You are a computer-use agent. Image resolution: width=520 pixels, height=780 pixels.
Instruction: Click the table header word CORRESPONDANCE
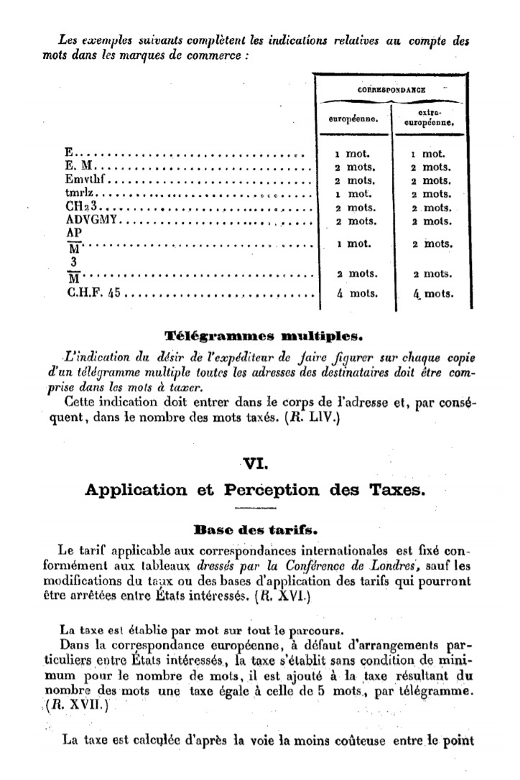(x=391, y=90)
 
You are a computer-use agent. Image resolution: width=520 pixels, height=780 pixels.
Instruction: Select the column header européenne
(x=353, y=122)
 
